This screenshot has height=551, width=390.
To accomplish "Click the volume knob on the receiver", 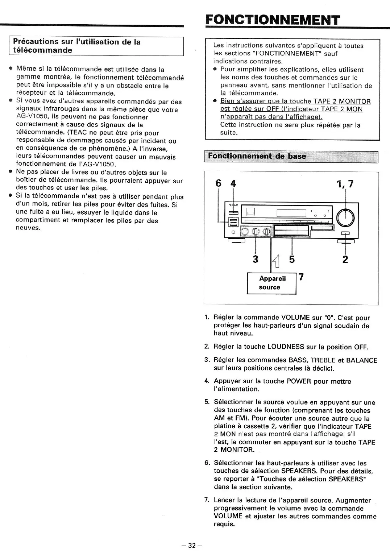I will [345, 218].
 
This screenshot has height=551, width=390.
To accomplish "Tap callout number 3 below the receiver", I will [256, 259].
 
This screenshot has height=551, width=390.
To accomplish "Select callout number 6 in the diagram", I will [218, 183].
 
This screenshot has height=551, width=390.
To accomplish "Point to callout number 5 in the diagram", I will [292, 259].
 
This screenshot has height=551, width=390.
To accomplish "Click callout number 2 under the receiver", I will [345, 259].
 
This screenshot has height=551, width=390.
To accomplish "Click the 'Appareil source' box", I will [271, 283].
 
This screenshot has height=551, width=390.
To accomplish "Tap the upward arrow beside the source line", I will [276, 261].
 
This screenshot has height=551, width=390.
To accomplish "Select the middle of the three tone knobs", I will [256, 231].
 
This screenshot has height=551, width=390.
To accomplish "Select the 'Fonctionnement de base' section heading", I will [257, 157].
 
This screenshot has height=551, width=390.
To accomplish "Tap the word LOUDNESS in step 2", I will [286, 347].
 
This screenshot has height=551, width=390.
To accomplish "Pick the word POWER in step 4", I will [299, 381].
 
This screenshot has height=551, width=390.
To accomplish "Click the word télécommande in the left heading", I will [42, 50].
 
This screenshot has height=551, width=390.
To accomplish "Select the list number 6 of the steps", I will [207, 463].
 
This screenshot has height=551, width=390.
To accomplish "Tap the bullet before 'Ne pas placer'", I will [11, 172].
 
